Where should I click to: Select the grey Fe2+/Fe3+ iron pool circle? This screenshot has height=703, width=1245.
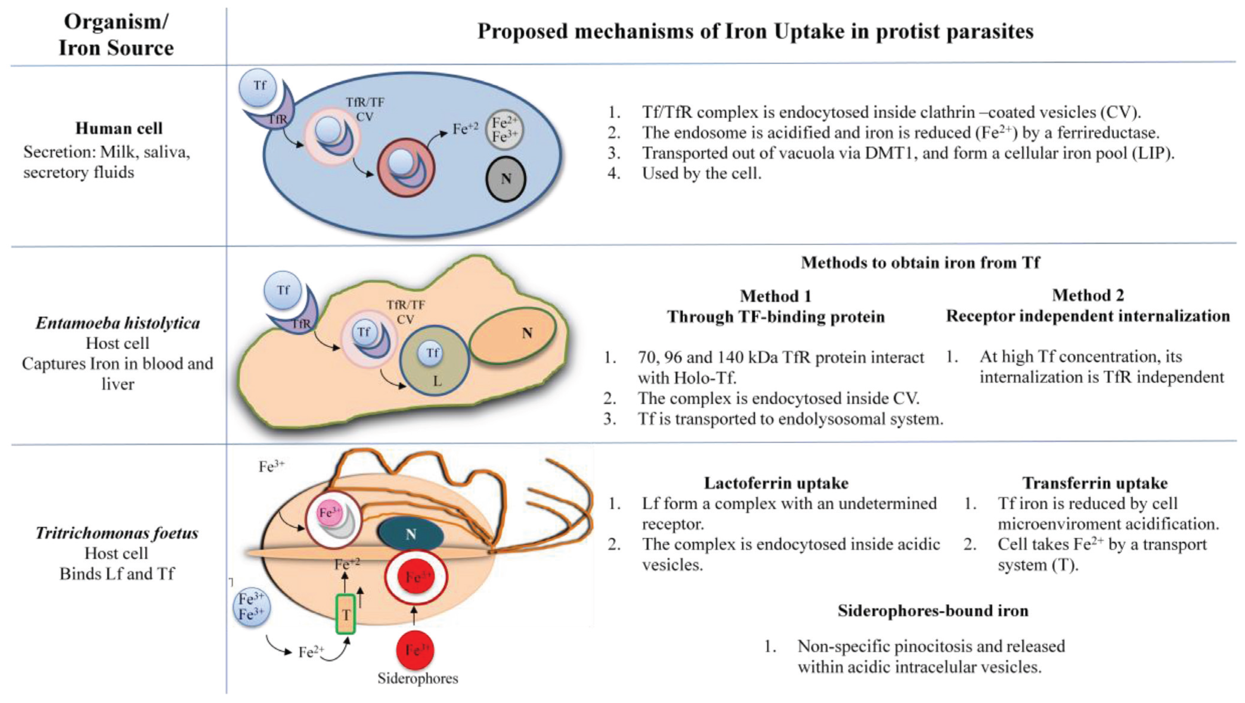(x=504, y=130)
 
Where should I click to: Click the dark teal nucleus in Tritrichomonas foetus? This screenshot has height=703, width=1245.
(x=410, y=534)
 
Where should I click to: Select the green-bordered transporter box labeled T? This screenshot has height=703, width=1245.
(x=345, y=614)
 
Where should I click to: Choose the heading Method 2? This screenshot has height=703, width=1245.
(x=1088, y=295)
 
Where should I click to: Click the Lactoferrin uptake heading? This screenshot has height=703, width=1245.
(x=776, y=483)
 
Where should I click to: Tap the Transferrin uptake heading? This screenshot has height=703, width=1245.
(x=1095, y=483)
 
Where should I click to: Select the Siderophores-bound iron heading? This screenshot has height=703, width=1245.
(x=933, y=611)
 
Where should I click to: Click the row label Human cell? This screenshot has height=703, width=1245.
(x=119, y=128)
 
